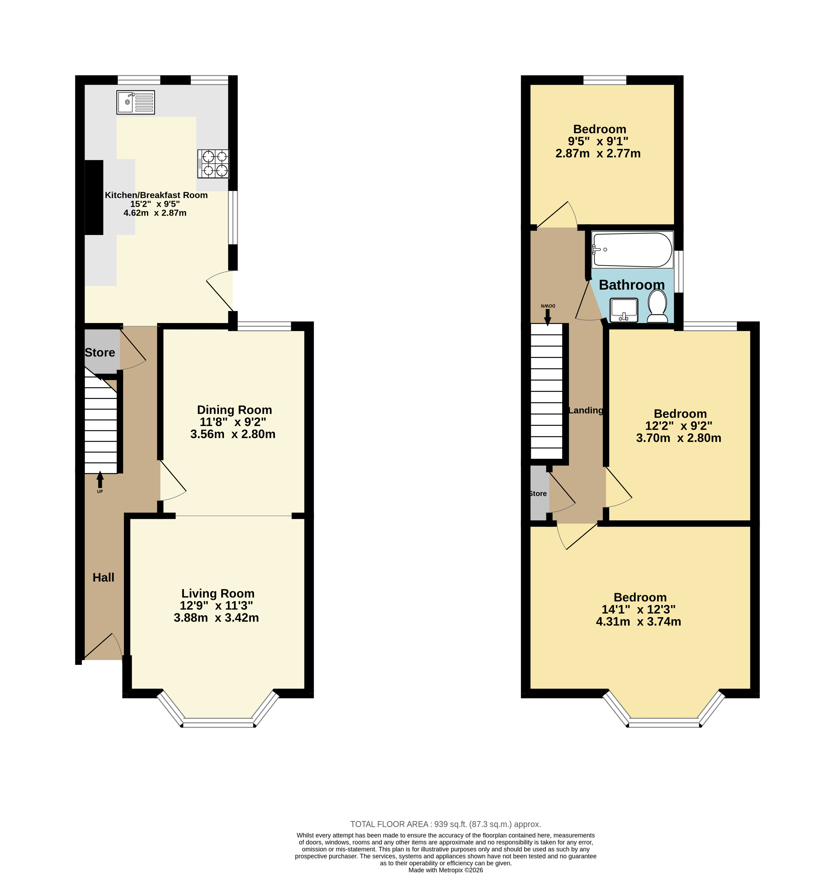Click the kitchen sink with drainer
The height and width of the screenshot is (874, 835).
[136, 102]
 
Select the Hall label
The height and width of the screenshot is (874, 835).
[103, 577]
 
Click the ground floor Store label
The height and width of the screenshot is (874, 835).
[100, 353]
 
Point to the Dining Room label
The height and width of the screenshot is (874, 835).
[234, 410]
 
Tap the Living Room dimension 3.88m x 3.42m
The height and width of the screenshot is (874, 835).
[216, 618]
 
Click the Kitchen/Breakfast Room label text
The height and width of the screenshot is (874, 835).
[156, 195]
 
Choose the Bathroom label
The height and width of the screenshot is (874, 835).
[632, 285]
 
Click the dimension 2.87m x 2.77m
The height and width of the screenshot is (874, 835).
[598, 154]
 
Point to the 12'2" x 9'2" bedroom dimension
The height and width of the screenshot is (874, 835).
[679, 426]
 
